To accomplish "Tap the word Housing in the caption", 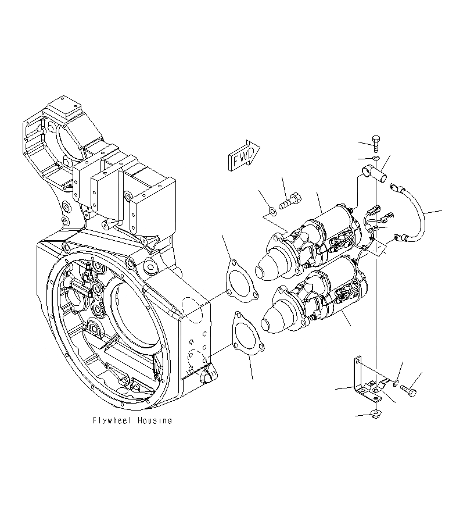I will tap(155, 420).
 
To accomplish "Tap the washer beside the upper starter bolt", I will tap(272, 210).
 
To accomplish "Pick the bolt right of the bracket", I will tap(408, 390).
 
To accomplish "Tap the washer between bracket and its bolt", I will tap(396, 382).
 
